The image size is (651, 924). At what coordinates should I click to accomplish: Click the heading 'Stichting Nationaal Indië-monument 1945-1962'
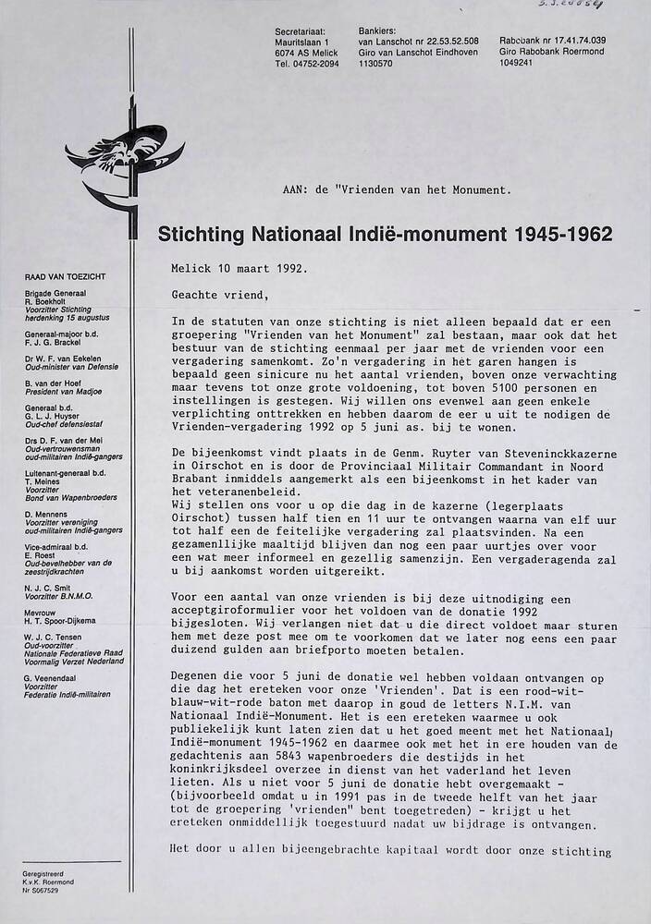[385, 234]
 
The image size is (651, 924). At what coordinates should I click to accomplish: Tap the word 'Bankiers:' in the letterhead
[376, 31]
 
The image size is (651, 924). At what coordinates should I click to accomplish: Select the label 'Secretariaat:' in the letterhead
[301, 31]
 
